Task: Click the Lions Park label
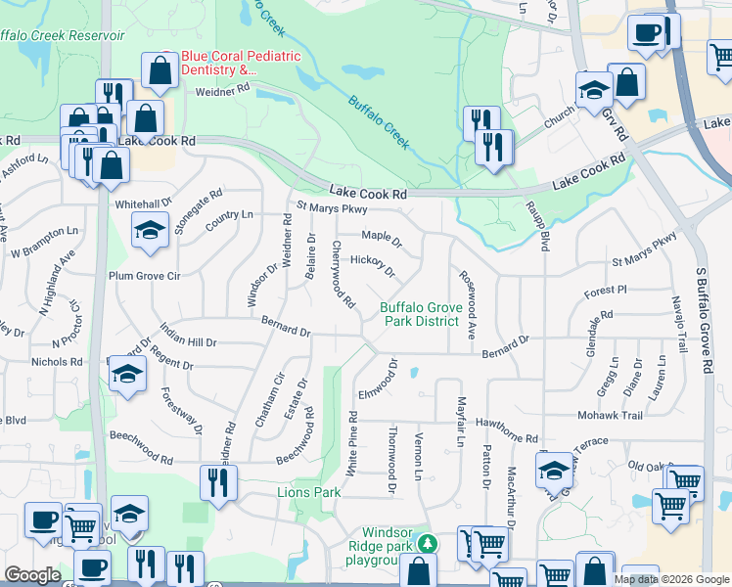(308, 492)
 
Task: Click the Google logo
(32, 575)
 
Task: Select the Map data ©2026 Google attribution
(671, 579)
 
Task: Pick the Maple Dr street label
(382, 237)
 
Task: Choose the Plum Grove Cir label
(145, 276)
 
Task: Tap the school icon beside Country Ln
(150, 231)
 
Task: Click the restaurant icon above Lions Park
(218, 481)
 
